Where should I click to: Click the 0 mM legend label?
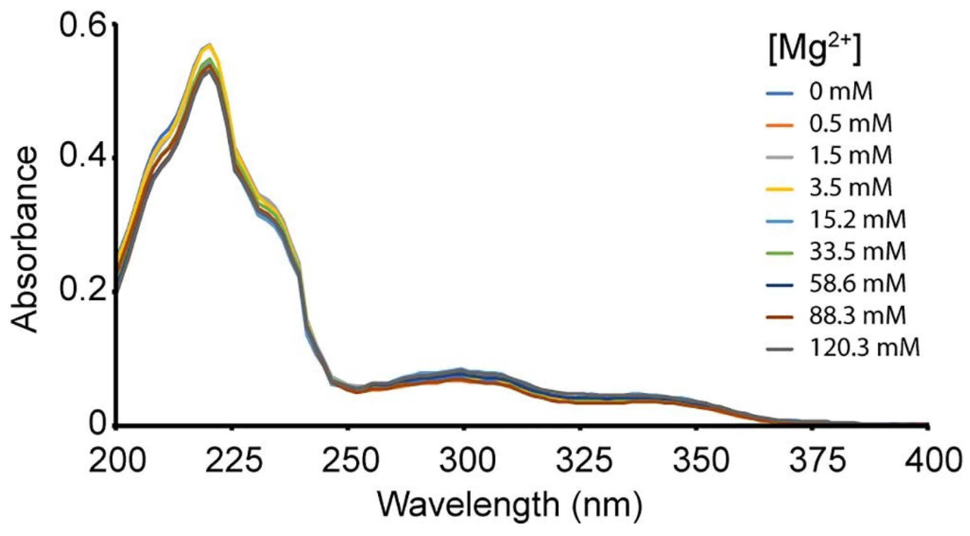[x=840, y=92]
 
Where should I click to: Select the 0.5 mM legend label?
[x=851, y=124]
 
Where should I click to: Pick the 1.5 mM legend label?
[x=851, y=155]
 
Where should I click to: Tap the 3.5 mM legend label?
[x=851, y=188]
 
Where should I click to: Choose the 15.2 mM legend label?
[x=857, y=220]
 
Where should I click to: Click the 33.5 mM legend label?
[x=857, y=252]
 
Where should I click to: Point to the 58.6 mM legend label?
[x=857, y=284]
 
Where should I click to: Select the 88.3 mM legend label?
[x=857, y=316]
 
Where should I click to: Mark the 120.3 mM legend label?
[x=864, y=348]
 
